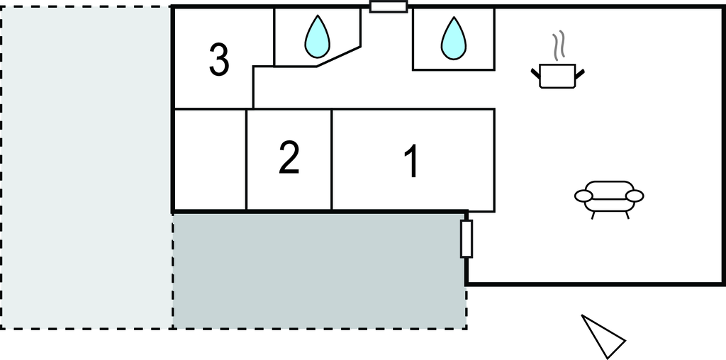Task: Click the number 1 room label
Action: [411, 161]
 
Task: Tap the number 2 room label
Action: [289, 158]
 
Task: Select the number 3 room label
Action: [219, 60]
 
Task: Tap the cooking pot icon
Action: [558, 74]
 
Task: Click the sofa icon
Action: [608, 196]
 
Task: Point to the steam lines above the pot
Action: [560, 45]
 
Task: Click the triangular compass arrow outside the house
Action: [603, 335]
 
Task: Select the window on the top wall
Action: [389, 7]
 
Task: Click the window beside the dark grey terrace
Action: [467, 238]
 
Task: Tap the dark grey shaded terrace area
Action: [319, 269]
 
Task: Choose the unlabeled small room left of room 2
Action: [210, 159]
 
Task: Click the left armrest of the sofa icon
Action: [583, 196]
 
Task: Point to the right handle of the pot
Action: [580, 72]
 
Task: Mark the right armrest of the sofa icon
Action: [635, 196]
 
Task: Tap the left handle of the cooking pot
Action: [536, 71]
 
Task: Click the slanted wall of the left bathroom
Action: [339, 57]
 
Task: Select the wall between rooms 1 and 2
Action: [332, 159]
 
